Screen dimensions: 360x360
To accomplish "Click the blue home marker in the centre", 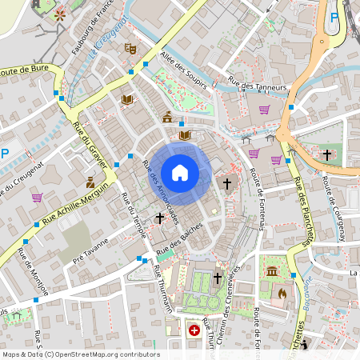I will click(180, 173).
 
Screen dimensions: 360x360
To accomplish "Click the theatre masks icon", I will click(130, 48).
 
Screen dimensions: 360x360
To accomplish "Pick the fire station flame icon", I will click(282, 293).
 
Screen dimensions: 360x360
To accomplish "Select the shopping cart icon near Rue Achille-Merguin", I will click(37, 197).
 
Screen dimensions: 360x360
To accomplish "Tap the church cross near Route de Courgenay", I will click(326, 154).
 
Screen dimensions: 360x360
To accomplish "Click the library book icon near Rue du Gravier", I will click(126, 99).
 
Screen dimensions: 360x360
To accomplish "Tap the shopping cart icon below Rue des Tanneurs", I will click(264, 110).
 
